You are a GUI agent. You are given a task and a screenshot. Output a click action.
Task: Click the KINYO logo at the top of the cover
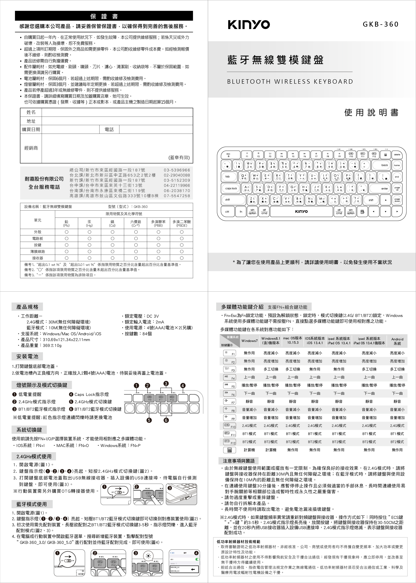pyautogui.click(x=249, y=25)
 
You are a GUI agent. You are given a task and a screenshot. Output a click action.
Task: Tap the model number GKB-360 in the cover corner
pyautogui.click(x=381, y=24)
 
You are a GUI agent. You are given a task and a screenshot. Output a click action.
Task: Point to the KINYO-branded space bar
pyautogui.click(x=301, y=211)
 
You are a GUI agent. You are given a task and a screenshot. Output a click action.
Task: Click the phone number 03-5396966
pyautogui.click(x=177, y=170)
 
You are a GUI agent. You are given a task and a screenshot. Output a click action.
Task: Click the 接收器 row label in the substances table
pyautogui.click(x=38, y=258)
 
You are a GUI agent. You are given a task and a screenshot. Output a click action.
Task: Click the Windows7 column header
pyautogui.click(x=249, y=341)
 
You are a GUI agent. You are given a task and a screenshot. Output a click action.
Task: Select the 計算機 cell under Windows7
pyautogui.click(x=249, y=450)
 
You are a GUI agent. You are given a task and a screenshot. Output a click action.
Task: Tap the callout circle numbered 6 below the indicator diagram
pyautogui.click(x=166, y=420)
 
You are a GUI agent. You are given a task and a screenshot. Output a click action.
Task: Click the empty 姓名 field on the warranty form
pyautogui.click(x=117, y=112)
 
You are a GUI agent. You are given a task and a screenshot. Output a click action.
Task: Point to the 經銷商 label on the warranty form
pyautogui.click(x=31, y=148)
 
